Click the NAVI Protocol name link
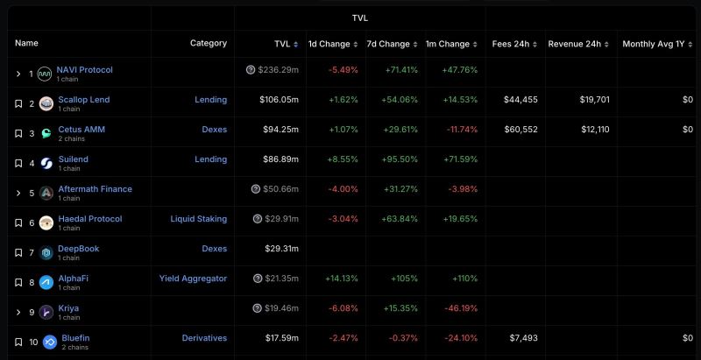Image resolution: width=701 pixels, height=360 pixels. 84,70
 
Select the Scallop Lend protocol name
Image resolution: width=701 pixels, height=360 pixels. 83,100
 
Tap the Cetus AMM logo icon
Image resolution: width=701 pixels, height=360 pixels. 46,133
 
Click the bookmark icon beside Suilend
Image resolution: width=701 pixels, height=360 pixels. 18,163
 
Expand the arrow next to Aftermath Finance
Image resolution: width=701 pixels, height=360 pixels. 18,193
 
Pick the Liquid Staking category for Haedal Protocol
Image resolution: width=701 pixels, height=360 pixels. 198,219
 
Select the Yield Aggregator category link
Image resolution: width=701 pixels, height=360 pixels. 193,279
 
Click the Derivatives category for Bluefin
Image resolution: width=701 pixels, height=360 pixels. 204,338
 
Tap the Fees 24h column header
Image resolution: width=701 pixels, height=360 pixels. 513,44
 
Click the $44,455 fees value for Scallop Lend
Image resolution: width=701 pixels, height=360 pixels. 520,100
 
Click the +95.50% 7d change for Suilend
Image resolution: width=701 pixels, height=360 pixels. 398,159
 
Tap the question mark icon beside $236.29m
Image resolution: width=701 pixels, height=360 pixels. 251,70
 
